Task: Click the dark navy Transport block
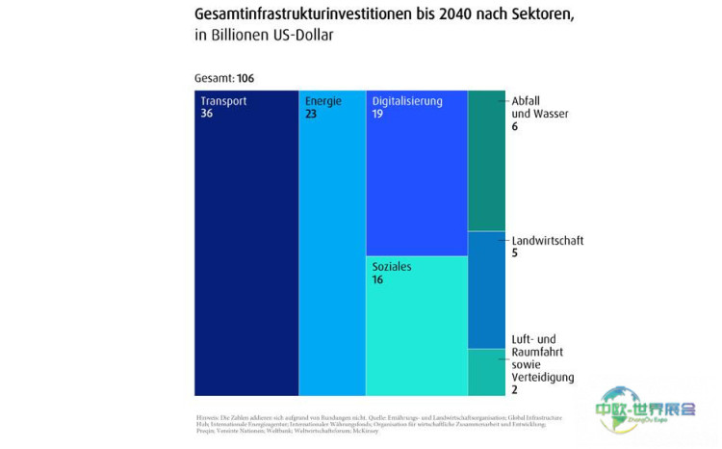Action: point(246,251)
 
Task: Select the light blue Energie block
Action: point(332,251)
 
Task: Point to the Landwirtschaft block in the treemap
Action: point(486,289)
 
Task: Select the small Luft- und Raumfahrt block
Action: point(486,372)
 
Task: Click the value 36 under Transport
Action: point(207,114)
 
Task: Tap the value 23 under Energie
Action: point(312,114)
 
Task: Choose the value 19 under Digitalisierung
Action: point(378,114)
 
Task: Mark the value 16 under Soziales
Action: point(378,279)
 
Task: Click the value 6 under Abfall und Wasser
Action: point(515,126)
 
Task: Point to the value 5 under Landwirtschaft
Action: point(515,253)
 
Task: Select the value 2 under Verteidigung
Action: point(515,389)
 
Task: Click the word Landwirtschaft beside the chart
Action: point(547,241)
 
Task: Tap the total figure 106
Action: point(245,78)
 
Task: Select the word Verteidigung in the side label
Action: point(543,377)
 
